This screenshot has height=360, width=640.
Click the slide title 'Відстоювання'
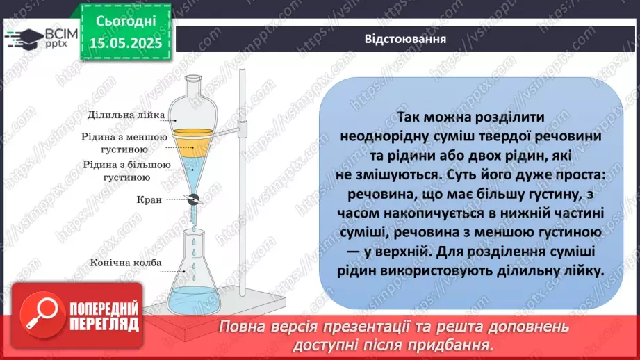pos(405,38)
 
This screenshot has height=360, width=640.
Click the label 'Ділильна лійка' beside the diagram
pos(128,115)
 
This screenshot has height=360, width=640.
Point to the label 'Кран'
pos(149,199)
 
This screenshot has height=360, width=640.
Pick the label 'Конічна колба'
pos(126,263)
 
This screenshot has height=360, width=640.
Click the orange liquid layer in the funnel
pos(195,139)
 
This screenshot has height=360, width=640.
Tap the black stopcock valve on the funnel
pos(195,199)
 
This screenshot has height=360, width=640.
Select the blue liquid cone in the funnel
pos(195,167)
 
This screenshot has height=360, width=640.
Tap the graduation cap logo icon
pos(24,36)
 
